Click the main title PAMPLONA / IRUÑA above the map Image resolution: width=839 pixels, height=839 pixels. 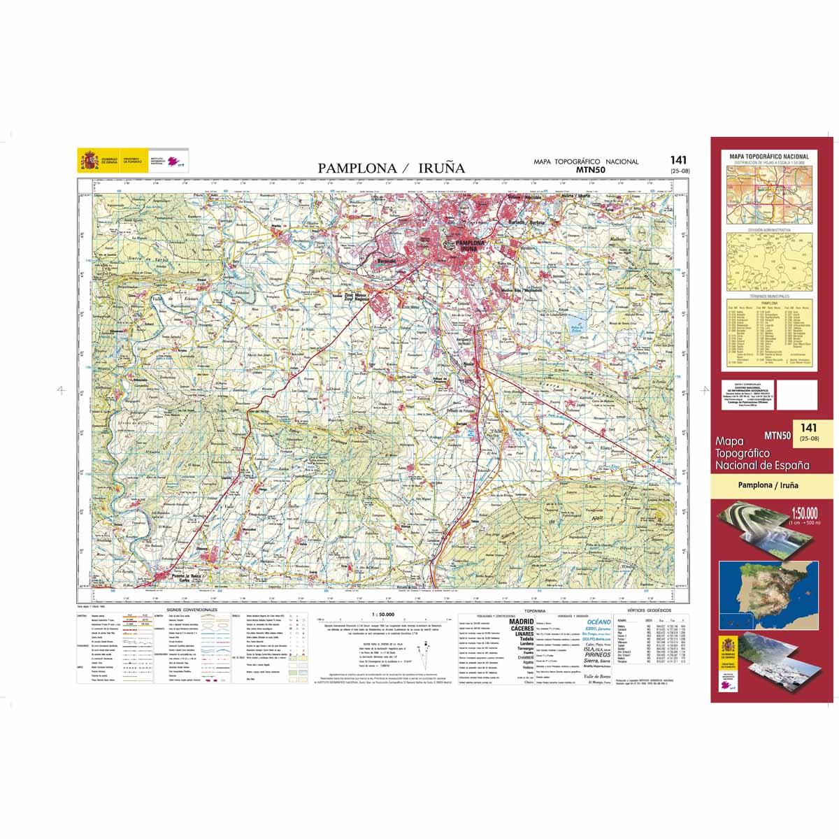[x=391, y=168]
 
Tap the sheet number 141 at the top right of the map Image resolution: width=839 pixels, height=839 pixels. [x=677, y=160]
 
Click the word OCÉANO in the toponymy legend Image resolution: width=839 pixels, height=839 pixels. [x=598, y=622]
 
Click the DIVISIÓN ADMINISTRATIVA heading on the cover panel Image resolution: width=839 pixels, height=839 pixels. [x=768, y=229]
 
